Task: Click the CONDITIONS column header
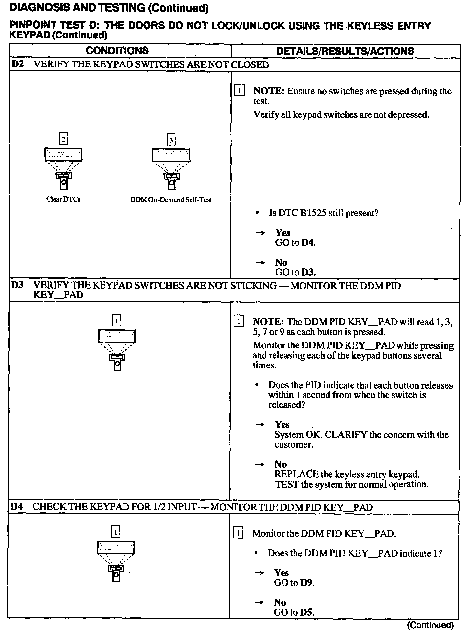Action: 117,51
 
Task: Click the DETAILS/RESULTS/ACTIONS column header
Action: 345,51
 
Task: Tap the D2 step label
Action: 17,64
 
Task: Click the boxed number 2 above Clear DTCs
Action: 63,139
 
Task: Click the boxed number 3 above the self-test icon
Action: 171,140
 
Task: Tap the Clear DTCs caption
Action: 63,199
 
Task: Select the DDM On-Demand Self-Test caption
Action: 171,200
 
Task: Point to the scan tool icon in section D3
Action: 117,350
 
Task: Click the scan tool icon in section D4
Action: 116,562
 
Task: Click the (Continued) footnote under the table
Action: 430,625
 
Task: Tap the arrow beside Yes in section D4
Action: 260,573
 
